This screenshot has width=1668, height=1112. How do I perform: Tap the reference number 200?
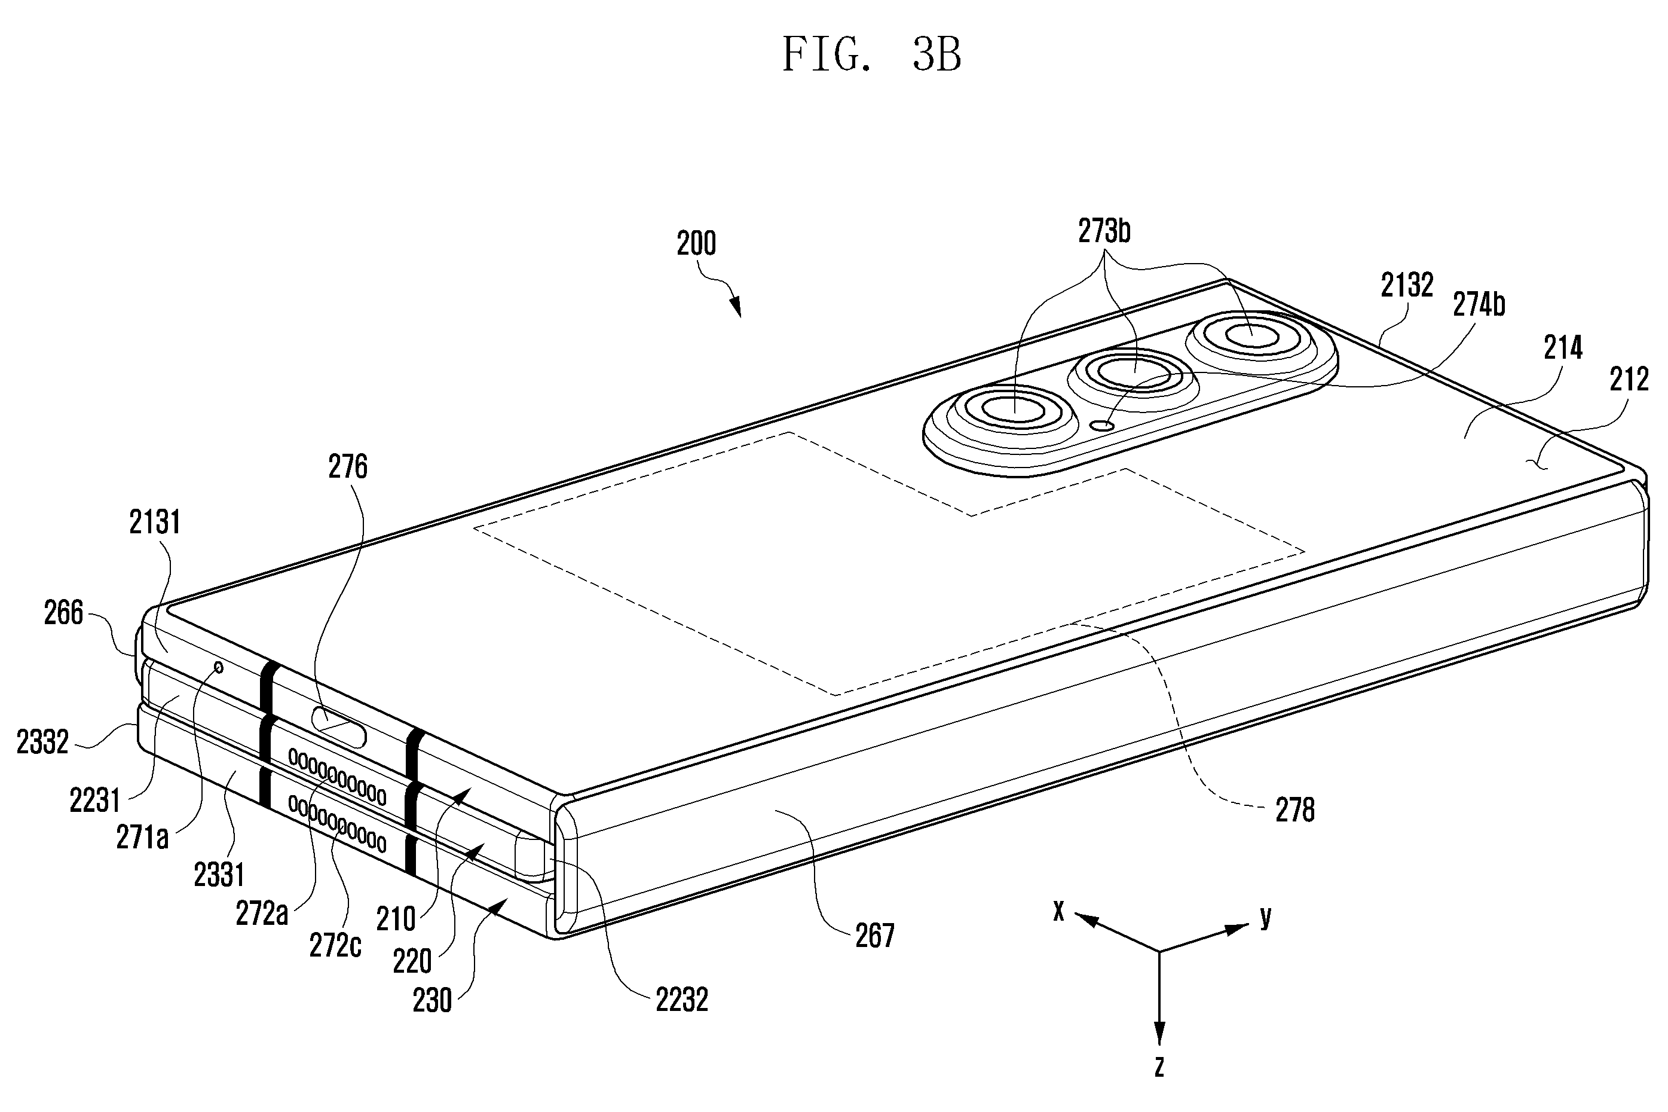(696, 244)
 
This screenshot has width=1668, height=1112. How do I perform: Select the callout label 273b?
(1104, 231)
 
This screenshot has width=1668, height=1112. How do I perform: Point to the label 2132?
(1407, 285)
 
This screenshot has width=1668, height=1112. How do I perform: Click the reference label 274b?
(1479, 304)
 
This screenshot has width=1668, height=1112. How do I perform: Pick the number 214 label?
(1562, 347)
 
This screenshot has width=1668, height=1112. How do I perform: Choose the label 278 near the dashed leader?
(1295, 810)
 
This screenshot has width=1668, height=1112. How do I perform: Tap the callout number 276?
(348, 467)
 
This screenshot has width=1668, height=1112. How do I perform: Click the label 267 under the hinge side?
(875, 936)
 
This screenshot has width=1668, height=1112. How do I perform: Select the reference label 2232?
(682, 1000)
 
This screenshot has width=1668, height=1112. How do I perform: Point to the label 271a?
(142, 838)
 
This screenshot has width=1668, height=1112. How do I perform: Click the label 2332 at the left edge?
(42, 742)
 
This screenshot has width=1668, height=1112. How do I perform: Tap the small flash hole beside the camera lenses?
(1101, 426)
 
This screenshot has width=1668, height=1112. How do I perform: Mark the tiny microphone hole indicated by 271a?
(218, 667)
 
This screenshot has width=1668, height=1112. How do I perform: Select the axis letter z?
(1159, 1086)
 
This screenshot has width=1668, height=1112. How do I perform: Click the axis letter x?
(1058, 911)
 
